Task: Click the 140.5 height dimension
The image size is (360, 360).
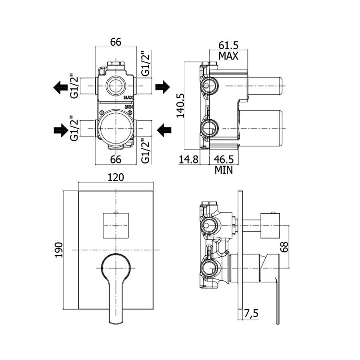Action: (x=180, y=105)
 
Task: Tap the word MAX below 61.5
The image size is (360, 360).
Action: (x=228, y=56)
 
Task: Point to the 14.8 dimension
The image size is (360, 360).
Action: (x=188, y=159)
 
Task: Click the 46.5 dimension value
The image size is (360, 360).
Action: (x=224, y=159)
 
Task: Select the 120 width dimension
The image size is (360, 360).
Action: (x=116, y=177)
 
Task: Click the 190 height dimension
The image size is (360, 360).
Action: (x=59, y=250)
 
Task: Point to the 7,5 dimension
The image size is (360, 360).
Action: (x=250, y=314)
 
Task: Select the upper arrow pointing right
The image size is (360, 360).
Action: (x=162, y=86)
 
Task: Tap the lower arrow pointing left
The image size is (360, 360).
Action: (x=164, y=130)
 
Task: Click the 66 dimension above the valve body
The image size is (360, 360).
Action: (x=116, y=42)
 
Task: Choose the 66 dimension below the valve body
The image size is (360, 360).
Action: (x=116, y=159)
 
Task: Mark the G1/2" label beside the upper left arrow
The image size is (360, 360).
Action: (x=74, y=85)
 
